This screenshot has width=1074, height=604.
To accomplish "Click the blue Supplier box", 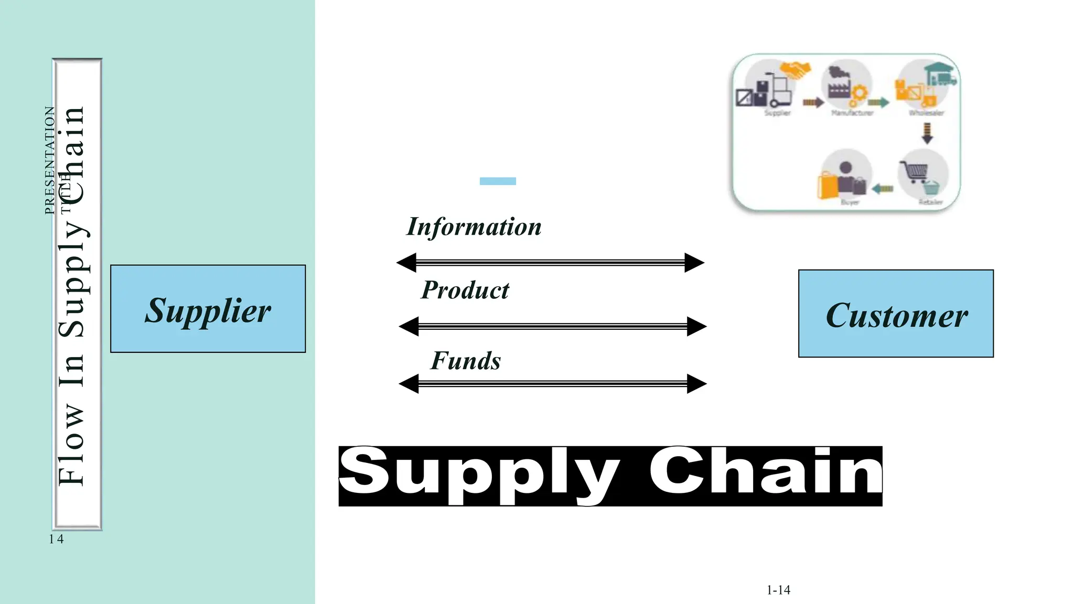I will click(x=208, y=309).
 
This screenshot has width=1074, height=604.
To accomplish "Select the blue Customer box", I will click(x=896, y=314).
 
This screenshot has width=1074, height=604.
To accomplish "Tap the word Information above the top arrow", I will click(x=474, y=227).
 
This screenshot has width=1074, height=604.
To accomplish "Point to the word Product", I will click(x=465, y=290).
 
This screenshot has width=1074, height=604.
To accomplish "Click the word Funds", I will click(x=466, y=361).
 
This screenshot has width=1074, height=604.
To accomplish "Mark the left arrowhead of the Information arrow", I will click(x=406, y=262).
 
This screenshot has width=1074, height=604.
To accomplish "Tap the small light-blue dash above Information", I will click(x=498, y=181).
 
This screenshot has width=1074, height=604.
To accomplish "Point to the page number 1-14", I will click(x=778, y=590).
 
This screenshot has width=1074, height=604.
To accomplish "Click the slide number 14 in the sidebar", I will click(x=56, y=539).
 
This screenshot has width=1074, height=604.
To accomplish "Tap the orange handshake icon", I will click(x=795, y=70).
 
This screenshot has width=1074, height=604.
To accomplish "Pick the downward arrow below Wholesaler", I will click(x=927, y=133).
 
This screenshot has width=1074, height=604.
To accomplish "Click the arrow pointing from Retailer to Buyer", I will click(x=883, y=189).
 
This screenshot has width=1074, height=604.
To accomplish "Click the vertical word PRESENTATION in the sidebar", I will click(x=50, y=160).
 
